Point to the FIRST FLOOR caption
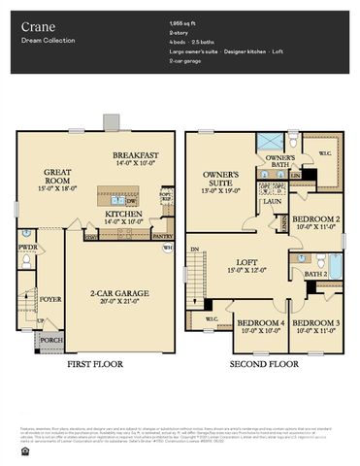click(95, 365)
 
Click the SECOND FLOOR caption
click(263, 365)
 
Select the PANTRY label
click(162, 234)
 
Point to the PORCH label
click(49, 341)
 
